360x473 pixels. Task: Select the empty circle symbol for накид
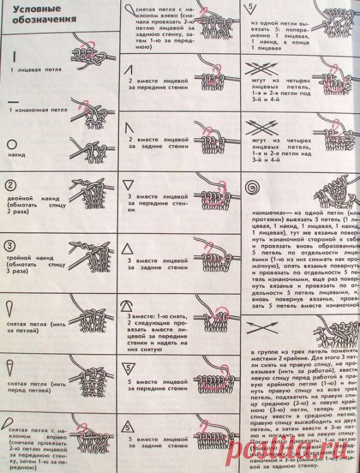coord(12,144)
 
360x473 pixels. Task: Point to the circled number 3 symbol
coord(11,244)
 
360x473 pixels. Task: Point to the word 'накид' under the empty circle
coord(13,155)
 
